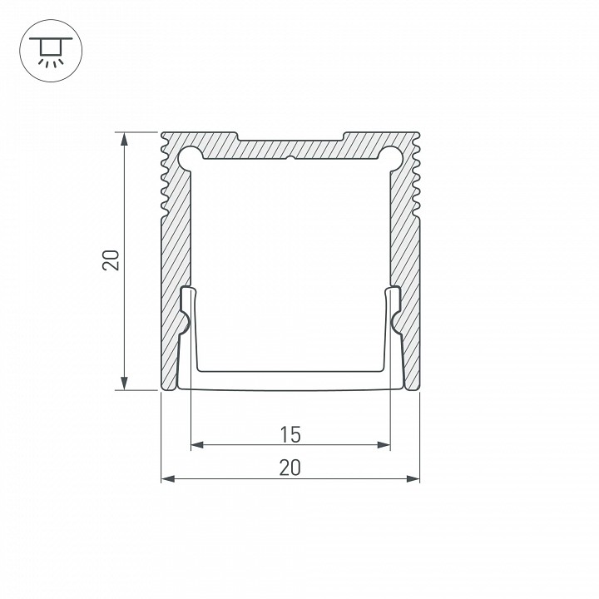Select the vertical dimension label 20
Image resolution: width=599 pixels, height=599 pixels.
114,260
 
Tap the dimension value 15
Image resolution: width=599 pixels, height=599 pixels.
290,434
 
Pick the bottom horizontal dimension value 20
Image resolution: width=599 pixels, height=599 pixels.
290,468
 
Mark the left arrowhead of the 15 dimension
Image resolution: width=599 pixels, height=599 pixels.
196,446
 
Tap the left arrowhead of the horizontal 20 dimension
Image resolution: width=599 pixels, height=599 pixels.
166,478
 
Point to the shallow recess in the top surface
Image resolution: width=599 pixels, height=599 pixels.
290,136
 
